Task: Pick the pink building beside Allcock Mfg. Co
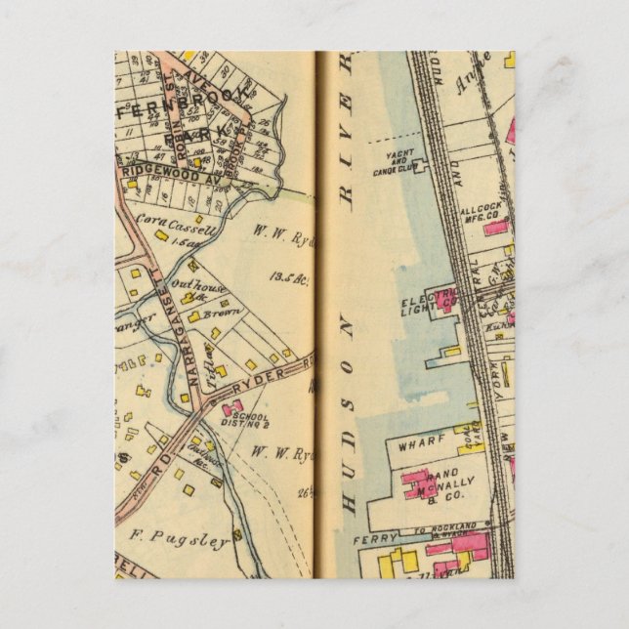496,228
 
